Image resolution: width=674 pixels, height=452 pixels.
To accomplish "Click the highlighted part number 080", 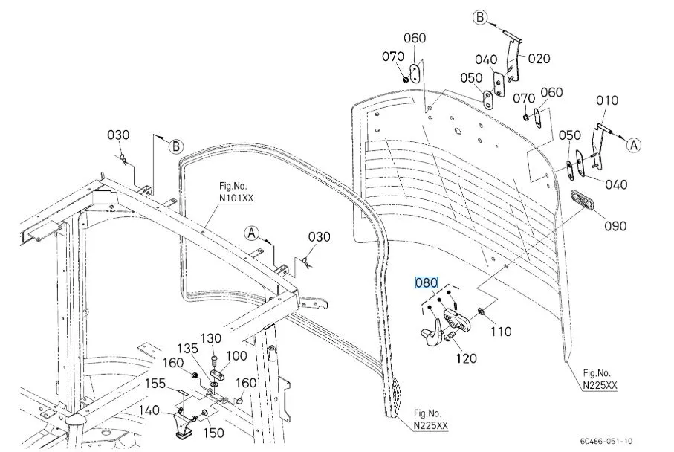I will point(427,282).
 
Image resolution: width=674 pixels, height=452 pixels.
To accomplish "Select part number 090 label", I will point(615,226).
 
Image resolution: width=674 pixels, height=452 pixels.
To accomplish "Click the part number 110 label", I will point(501,332).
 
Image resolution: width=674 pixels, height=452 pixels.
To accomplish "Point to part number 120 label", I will point(466,358).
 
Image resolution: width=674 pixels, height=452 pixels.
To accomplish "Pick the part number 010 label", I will point(606,100).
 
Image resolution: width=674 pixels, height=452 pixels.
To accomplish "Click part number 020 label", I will point(539,59).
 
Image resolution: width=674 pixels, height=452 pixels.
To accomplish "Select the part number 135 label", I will point(187,348).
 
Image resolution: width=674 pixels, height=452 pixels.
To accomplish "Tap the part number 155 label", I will point(155,384).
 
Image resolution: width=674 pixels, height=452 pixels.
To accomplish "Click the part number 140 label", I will point(149,410).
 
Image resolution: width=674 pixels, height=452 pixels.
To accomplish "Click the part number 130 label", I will point(212,338).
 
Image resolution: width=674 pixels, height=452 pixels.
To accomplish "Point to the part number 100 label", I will point(237,356).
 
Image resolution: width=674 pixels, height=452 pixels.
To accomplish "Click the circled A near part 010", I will point(633,145).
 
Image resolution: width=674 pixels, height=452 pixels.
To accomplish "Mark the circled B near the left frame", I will point(175,146).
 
